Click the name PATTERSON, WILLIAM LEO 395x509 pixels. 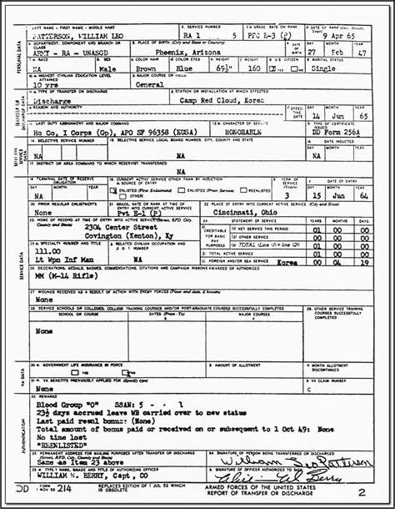coord(72,38)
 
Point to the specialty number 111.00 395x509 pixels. coord(51,248)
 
